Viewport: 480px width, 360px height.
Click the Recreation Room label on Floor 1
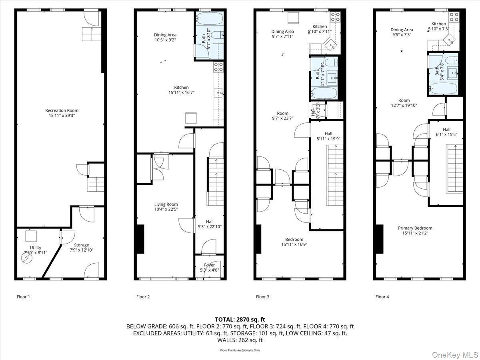tap(62, 110)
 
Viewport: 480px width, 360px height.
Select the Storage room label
tap(81, 245)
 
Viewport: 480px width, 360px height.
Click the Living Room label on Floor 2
tap(166, 204)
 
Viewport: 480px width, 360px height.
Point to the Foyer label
tap(209, 265)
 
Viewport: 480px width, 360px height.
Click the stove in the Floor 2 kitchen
tap(218, 67)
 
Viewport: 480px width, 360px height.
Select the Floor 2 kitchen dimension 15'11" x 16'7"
tap(181, 93)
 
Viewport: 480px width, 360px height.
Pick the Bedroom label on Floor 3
tap(294, 239)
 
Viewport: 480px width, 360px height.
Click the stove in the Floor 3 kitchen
tap(335, 17)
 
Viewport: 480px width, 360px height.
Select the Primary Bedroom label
tap(415, 228)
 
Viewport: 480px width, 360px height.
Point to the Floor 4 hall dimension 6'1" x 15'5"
tap(446, 135)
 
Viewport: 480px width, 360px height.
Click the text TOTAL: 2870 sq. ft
tap(240, 319)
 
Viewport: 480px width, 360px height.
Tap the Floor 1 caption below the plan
tap(23, 297)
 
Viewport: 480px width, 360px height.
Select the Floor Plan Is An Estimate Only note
tap(240, 350)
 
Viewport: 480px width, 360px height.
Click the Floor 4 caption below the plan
tap(382, 297)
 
